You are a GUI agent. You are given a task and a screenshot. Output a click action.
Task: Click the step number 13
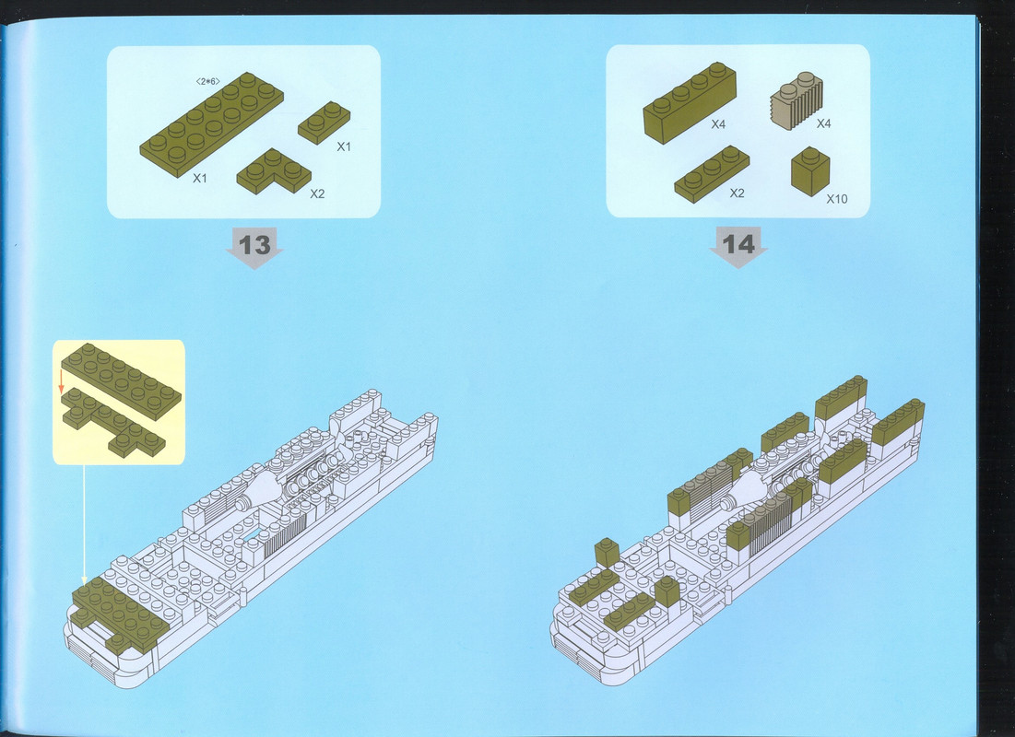pos(254,245)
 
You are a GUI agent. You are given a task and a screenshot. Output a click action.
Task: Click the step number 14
pos(738,244)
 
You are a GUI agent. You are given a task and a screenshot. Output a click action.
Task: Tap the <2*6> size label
pos(207,81)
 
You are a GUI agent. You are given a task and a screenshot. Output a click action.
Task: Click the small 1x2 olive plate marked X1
pos(325,123)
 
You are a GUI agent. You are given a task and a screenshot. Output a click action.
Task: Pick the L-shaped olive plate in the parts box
pos(273,171)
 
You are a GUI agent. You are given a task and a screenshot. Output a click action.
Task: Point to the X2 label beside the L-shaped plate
pos(317,193)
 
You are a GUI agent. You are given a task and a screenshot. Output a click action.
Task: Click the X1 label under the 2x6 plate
pos(200,178)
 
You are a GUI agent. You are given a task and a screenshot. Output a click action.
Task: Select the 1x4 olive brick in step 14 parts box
pos(690,102)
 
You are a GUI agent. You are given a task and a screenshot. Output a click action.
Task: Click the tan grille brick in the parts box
pos(797,100)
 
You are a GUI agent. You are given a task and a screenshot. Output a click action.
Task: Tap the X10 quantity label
pos(836,199)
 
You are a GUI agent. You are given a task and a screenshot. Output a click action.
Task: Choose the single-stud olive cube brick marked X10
pos(809,170)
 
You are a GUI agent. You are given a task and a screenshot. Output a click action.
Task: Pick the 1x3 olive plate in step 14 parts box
pos(712,174)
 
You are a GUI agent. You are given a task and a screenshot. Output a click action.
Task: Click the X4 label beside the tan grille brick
pos(823,123)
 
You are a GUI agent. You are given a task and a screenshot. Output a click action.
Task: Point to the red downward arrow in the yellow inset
pos(62,381)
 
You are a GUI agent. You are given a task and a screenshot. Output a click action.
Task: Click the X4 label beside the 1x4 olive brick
pos(718,124)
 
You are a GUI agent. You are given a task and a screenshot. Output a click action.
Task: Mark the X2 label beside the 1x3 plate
pos(737,193)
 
